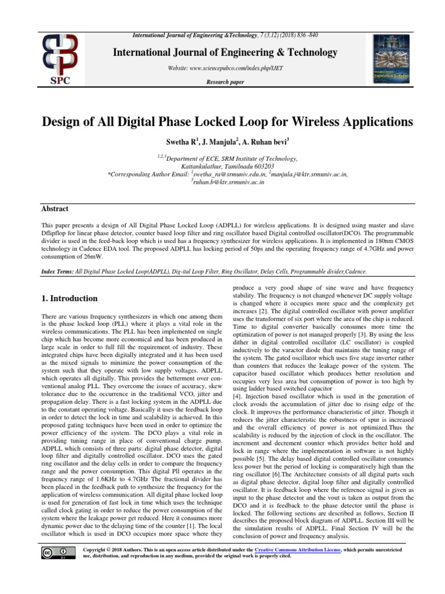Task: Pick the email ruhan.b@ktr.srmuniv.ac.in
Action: [228, 181]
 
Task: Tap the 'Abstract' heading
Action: [54, 209]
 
